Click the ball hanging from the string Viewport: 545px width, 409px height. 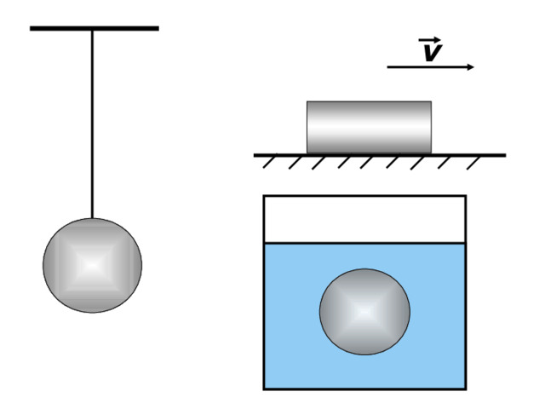(x=93, y=265)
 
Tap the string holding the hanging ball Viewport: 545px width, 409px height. (x=92, y=124)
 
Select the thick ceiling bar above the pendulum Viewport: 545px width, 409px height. (x=95, y=28)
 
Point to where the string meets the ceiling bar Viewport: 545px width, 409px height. (x=92, y=31)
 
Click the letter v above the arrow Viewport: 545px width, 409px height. (x=432, y=53)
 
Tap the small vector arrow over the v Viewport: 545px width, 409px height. (x=429, y=40)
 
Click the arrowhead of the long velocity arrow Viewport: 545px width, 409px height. (x=471, y=67)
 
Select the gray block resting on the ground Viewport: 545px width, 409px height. (x=369, y=127)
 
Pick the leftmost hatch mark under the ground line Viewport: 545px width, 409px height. (x=270, y=161)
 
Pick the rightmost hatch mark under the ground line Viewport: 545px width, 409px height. (x=473, y=163)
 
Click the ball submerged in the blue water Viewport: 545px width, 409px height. (x=364, y=312)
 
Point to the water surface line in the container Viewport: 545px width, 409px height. (x=365, y=243)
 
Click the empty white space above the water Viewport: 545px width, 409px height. (x=365, y=220)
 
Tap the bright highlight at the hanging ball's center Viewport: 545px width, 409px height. (x=92, y=265)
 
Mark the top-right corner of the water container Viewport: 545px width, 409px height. (x=466, y=196)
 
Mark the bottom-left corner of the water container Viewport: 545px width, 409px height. (x=264, y=389)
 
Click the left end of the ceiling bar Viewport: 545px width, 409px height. (x=31, y=28)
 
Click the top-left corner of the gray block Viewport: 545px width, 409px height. (x=307, y=101)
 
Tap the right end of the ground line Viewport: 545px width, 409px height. (x=506, y=155)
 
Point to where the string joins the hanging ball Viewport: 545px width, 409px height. (x=92, y=218)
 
